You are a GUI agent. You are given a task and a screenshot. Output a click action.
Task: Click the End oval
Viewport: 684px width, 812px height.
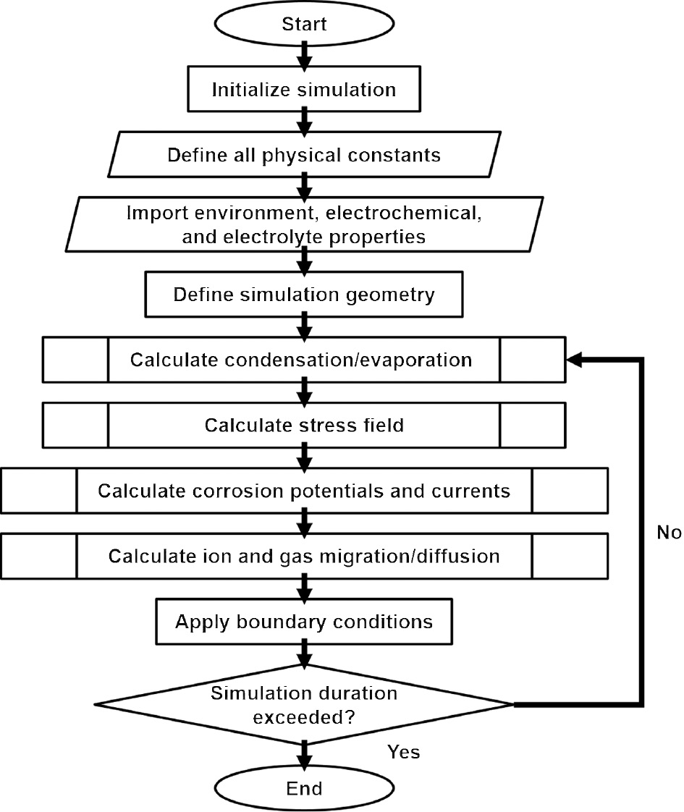(304, 787)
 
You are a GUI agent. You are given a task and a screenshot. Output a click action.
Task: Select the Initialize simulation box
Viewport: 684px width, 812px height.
(304, 90)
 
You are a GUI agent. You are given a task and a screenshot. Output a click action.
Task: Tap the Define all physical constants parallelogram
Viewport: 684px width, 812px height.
(304, 156)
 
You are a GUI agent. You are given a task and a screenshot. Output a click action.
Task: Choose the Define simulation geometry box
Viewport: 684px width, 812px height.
(304, 295)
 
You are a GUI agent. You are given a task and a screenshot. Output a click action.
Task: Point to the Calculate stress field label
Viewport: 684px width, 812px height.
(304, 425)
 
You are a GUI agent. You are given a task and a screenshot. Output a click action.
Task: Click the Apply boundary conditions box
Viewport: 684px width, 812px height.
(304, 622)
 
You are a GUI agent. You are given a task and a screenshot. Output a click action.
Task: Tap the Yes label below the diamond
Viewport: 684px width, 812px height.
(403, 753)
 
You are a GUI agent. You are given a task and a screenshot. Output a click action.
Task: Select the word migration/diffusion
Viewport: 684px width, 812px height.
(423, 556)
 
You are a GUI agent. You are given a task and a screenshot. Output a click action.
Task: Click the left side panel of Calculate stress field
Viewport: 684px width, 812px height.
(75, 425)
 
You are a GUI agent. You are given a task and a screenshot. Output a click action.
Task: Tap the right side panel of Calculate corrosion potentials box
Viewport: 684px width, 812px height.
(570, 491)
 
